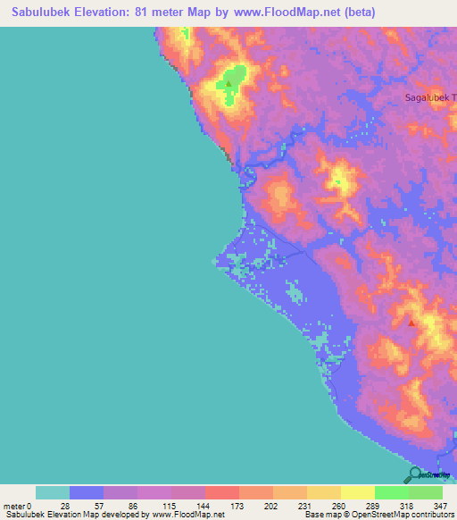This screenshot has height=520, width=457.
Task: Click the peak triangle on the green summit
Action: click(x=228, y=85)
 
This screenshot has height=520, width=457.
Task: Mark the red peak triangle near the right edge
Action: click(x=411, y=323)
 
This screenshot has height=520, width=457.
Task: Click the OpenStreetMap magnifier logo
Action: click(x=414, y=475)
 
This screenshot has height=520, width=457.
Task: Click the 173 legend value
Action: click(x=238, y=506)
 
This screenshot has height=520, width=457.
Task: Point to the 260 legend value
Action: click(x=339, y=506)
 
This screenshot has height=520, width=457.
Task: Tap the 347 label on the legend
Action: click(x=441, y=506)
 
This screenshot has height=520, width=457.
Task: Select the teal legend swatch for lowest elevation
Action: click(x=53, y=492)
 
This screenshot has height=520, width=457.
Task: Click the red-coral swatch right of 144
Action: click(x=221, y=492)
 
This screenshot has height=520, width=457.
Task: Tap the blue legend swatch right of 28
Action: click(x=87, y=492)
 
